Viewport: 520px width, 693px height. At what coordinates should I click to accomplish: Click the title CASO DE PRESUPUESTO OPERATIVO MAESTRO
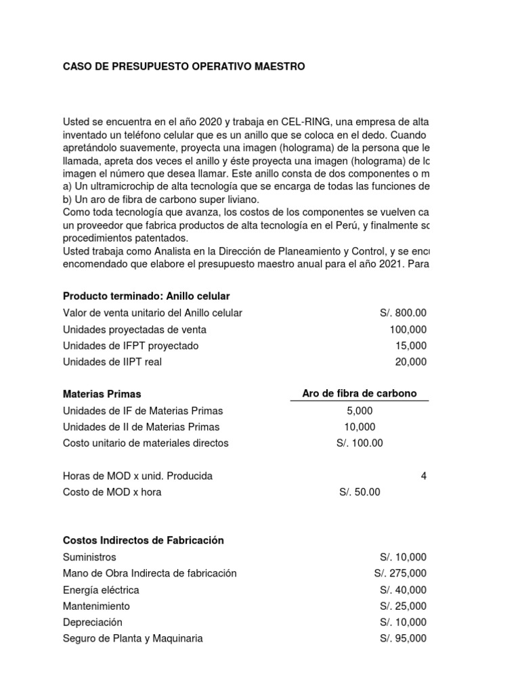point(183,66)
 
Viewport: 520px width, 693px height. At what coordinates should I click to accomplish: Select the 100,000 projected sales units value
point(408,330)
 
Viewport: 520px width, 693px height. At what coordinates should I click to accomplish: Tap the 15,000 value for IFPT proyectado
point(411,346)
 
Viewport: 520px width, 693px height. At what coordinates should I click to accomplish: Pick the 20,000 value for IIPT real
point(411,362)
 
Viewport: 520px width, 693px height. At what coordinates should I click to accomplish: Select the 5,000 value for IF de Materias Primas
point(359,411)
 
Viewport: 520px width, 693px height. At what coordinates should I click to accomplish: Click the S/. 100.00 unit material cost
point(360,443)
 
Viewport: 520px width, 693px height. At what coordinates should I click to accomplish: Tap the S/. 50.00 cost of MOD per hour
point(360,492)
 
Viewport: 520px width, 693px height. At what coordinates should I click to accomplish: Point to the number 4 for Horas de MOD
point(424,476)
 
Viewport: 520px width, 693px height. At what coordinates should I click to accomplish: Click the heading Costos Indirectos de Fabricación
point(143,541)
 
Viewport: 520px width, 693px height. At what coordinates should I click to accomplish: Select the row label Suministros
point(89,557)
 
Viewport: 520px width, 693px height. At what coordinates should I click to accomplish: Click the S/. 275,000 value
point(400,573)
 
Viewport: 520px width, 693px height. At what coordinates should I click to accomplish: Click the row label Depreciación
point(93,622)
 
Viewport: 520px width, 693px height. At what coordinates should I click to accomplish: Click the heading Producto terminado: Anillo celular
point(146,296)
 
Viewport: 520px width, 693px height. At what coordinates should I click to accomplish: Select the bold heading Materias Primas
point(102,394)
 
